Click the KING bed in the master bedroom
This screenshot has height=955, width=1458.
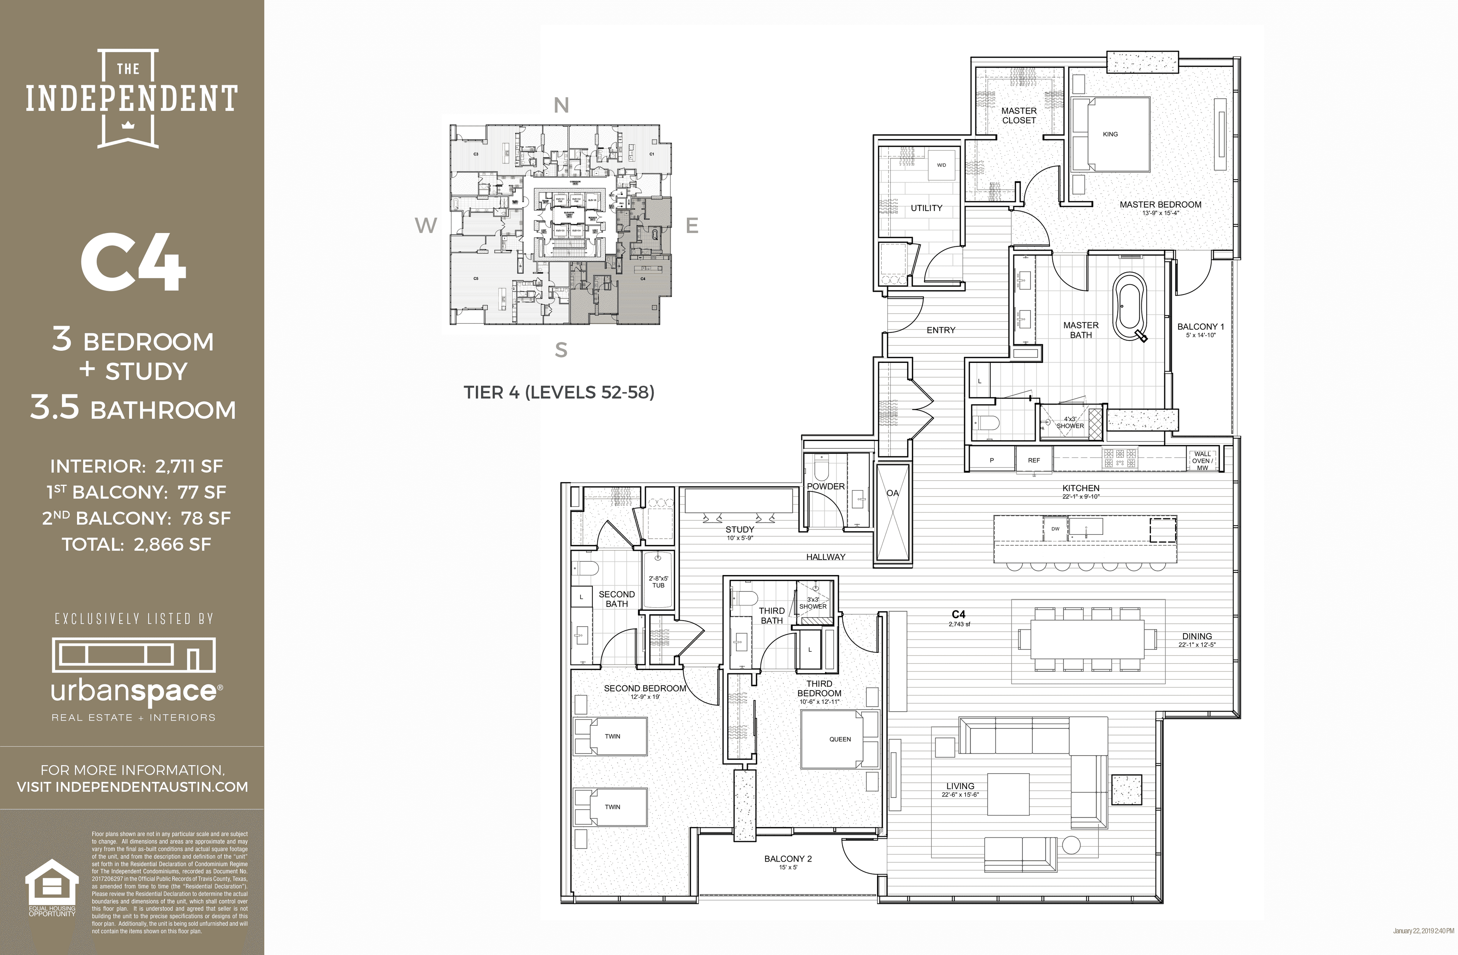[x=1110, y=134]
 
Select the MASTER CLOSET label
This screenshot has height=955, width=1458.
[x=1019, y=115]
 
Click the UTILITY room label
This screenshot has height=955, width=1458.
[x=926, y=208]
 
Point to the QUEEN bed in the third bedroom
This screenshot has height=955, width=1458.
[x=840, y=739]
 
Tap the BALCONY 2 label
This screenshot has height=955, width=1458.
[x=788, y=859]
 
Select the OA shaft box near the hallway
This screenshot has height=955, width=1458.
[x=893, y=512]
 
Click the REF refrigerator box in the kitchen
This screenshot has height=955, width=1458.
[x=1034, y=460]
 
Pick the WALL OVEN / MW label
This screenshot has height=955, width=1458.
[x=1202, y=461]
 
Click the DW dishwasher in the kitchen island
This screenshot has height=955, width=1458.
[x=1055, y=529]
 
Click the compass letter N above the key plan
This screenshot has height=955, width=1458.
[x=561, y=106]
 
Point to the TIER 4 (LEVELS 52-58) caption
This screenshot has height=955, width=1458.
[x=559, y=392]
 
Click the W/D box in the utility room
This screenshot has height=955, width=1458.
[x=941, y=165]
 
